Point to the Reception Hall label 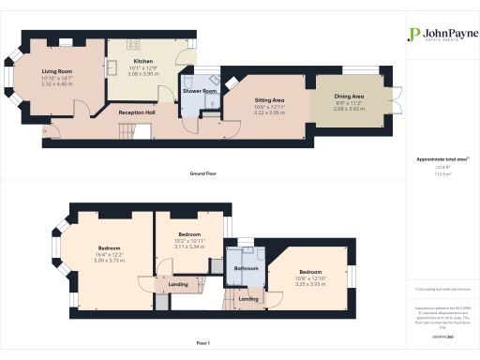click(137, 112)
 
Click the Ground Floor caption click(204, 174)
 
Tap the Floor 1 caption click(204, 344)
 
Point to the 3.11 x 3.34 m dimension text click(190, 247)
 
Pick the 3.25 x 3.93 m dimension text click(310, 283)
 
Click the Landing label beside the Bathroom click(248, 299)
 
